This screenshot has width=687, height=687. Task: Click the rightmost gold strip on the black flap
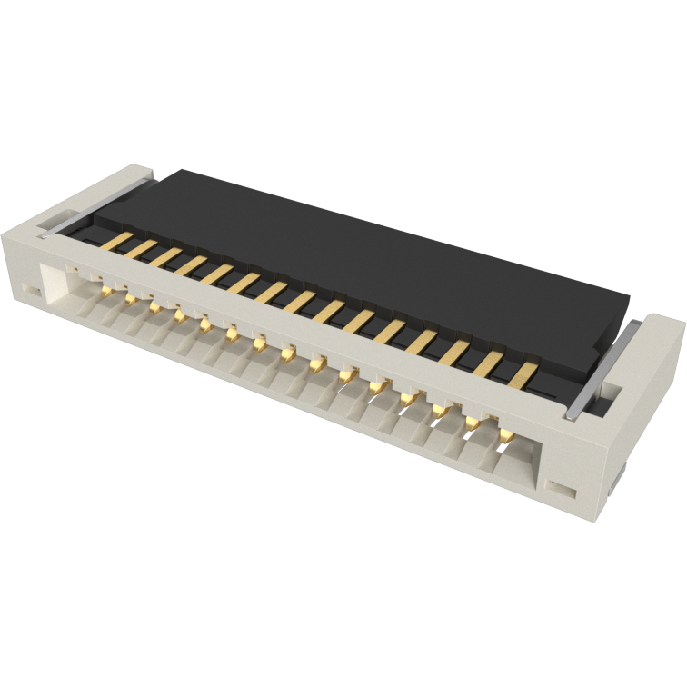[x=523, y=373]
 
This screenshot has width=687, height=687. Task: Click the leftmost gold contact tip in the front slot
[x=107, y=290]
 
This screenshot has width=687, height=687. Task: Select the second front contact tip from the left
[x=131, y=297]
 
